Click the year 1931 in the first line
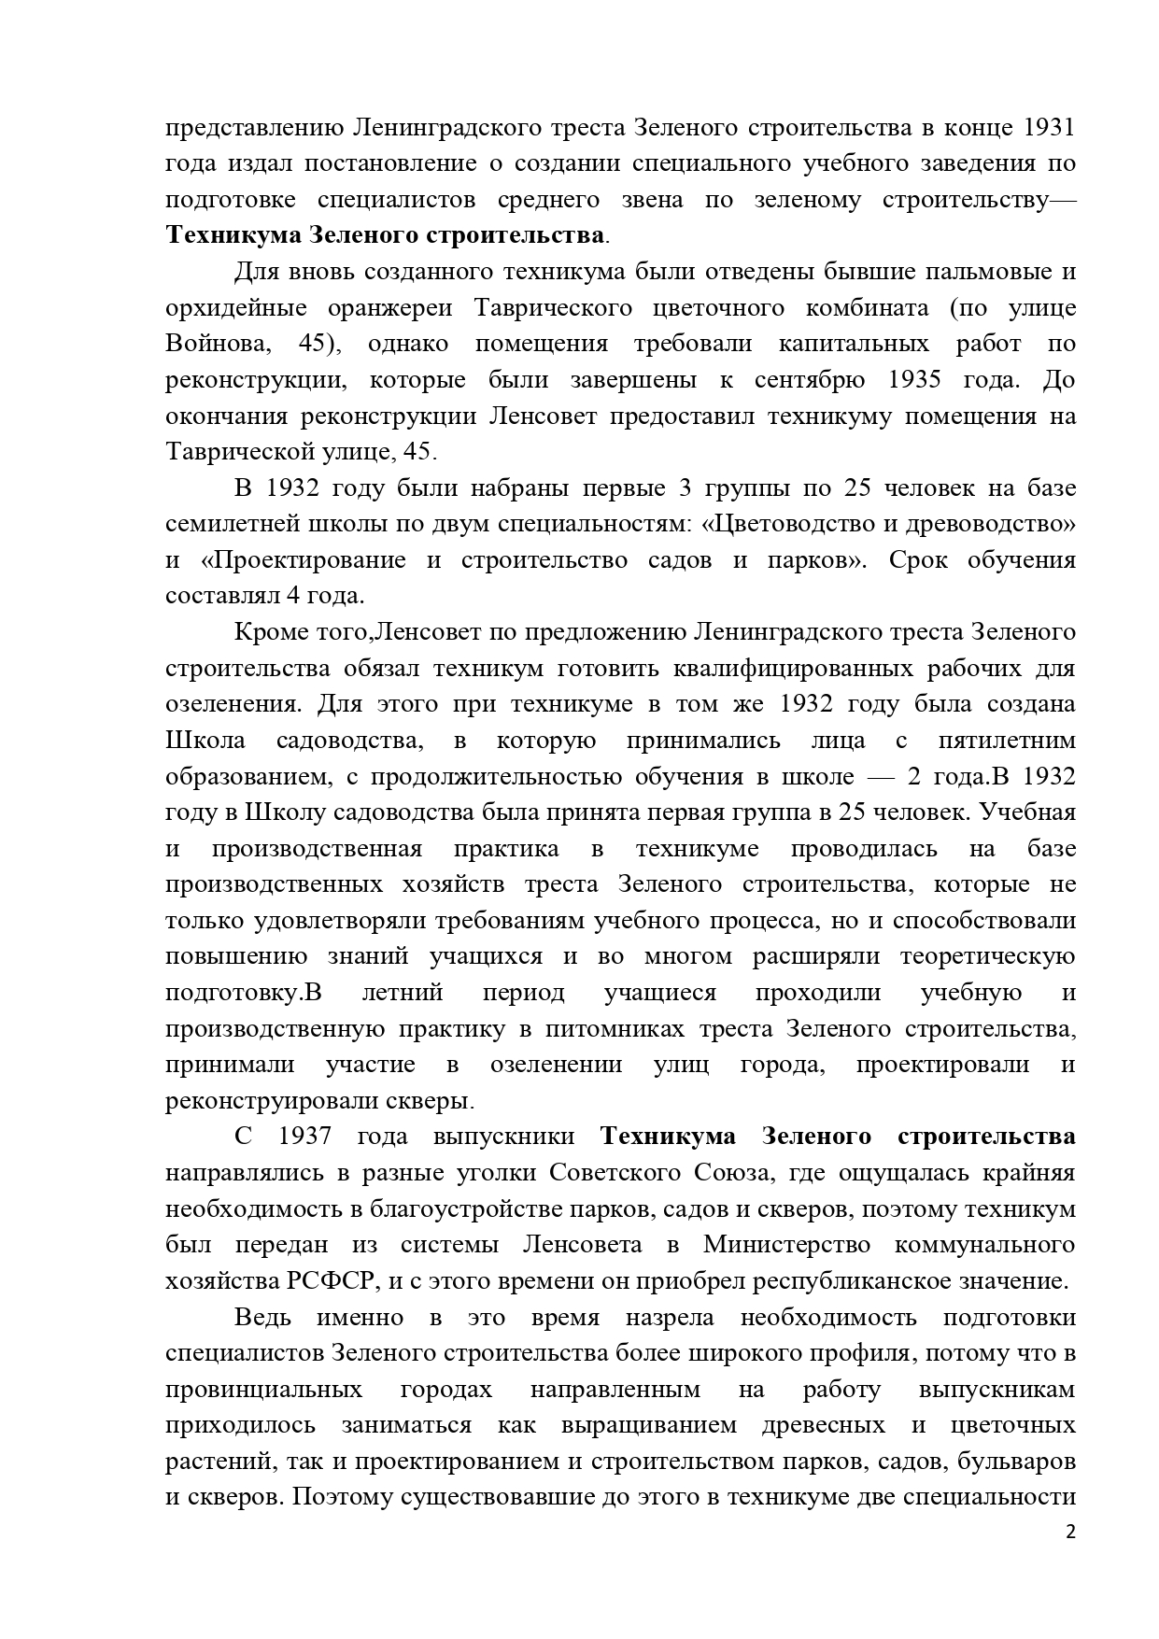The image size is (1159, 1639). [1044, 127]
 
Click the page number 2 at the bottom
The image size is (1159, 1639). [1070, 1533]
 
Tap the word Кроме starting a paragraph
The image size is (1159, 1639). [268, 632]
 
